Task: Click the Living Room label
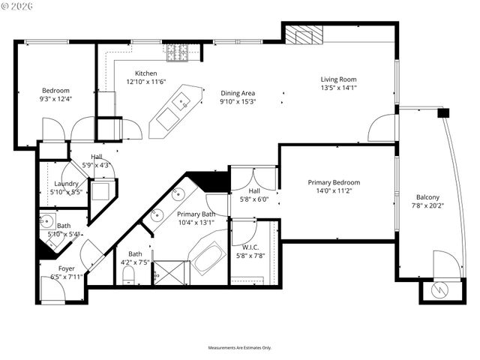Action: click(x=338, y=79)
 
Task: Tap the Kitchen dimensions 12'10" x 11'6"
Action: click(x=145, y=81)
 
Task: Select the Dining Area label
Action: click(x=238, y=93)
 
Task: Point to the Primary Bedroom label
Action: click(x=334, y=182)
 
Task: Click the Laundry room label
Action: click(x=67, y=184)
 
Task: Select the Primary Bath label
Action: click(x=196, y=214)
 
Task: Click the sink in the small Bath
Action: click(x=46, y=221)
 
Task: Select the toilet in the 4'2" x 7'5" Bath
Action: click(x=127, y=279)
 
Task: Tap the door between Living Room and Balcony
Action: click(x=382, y=128)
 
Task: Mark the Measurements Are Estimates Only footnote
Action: click(x=240, y=348)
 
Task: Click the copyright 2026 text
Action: click(x=23, y=7)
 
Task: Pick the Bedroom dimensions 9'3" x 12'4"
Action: click(x=55, y=98)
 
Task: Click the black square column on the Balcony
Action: click(x=442, y=112)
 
